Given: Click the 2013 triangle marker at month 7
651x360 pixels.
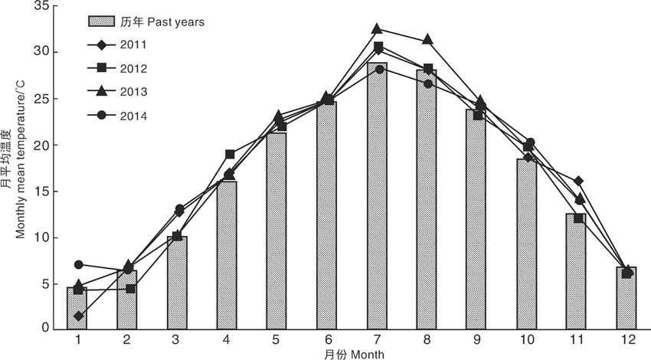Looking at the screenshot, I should pyautogui.click(x=378, y=29).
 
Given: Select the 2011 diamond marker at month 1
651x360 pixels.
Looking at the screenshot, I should pyautogui.click(x=79, y=316).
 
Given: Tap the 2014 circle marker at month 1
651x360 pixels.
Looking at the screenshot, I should pyautogui.click(x=79, y=264).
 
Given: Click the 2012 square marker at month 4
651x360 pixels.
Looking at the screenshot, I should pyautogui.click(x=229, y=154).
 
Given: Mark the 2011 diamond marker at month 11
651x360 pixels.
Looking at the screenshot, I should pyautogui.click(x=578, y=181).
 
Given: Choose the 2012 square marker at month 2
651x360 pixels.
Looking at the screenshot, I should pyautogui.click(x=130, y=289).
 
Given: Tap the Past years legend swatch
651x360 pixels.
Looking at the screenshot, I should pyautogui.click(x=100, y=21).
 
